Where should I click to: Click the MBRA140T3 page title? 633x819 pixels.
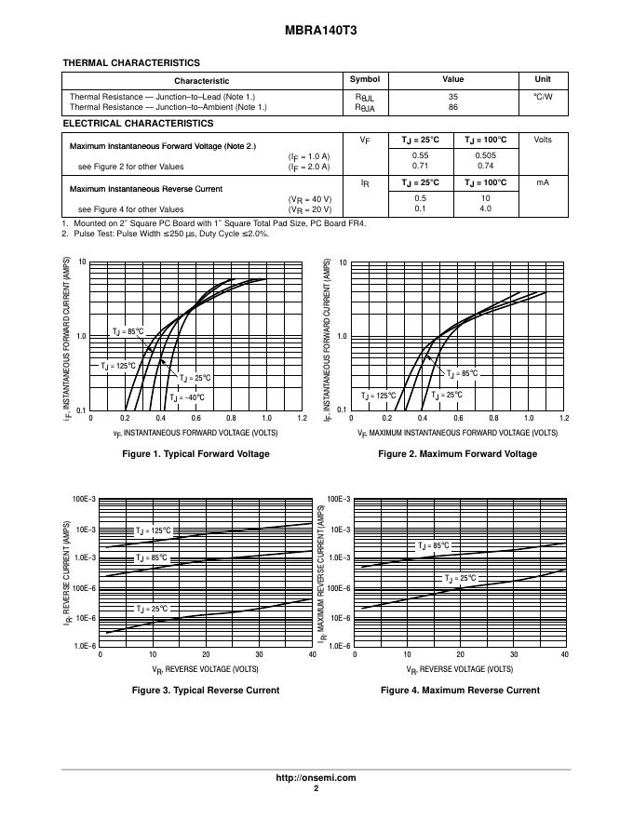point(316,31)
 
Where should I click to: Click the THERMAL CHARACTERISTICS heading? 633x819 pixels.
point(130,63)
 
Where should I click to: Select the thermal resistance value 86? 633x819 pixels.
point(453,107)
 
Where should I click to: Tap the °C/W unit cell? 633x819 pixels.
point(543,97)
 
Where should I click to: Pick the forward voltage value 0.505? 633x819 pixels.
point(485,155)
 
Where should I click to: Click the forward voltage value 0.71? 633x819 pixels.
point(420,166)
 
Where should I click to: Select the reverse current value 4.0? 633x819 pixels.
point(485,208)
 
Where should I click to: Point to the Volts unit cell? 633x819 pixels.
point(543,140)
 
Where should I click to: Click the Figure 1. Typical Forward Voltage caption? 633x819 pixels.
point(195,454)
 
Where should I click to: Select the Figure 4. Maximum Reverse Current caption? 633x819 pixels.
point(460,691)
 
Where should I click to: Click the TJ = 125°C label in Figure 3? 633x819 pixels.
point(154,530)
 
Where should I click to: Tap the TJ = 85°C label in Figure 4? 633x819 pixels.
point(433,545)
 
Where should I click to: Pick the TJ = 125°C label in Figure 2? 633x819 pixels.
point(379,396)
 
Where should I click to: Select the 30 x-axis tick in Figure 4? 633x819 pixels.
point(512,655)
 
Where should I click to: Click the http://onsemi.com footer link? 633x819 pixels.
point(316,777)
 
